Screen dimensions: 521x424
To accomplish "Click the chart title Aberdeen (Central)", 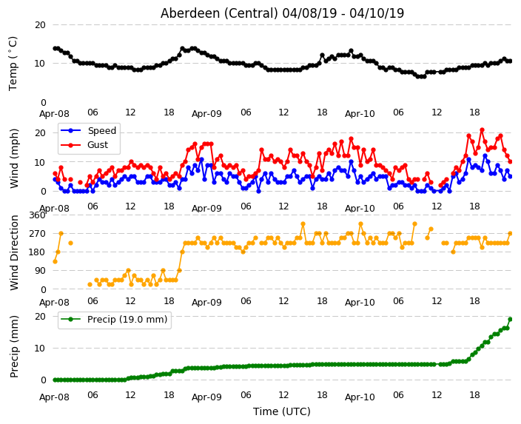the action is pos(219,13).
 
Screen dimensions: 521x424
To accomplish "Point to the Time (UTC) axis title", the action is pos(282,411).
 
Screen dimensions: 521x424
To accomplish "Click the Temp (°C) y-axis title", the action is pos(13,64).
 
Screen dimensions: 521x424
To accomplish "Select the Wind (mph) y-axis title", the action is pos(14,158).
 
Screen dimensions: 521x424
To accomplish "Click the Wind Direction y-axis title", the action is pos(14,252).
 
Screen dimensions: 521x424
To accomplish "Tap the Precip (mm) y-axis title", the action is pos(14,346).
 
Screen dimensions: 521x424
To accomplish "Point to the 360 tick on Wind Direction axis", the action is pos(37,215).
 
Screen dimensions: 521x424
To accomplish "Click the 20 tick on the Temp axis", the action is pos(40,25).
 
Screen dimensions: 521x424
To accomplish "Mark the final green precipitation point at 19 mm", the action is pos(511,320).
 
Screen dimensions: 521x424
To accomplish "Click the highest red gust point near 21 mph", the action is pos(482,130).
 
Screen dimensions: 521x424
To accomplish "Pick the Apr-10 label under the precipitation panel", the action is pos(360,397).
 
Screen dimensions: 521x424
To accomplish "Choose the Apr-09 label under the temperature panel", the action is pos(206,114).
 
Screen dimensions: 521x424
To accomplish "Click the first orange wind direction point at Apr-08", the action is pos(56,261).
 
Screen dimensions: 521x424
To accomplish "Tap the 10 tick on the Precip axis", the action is pos(40,349).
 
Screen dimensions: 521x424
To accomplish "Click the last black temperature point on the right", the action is pos(511,61).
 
